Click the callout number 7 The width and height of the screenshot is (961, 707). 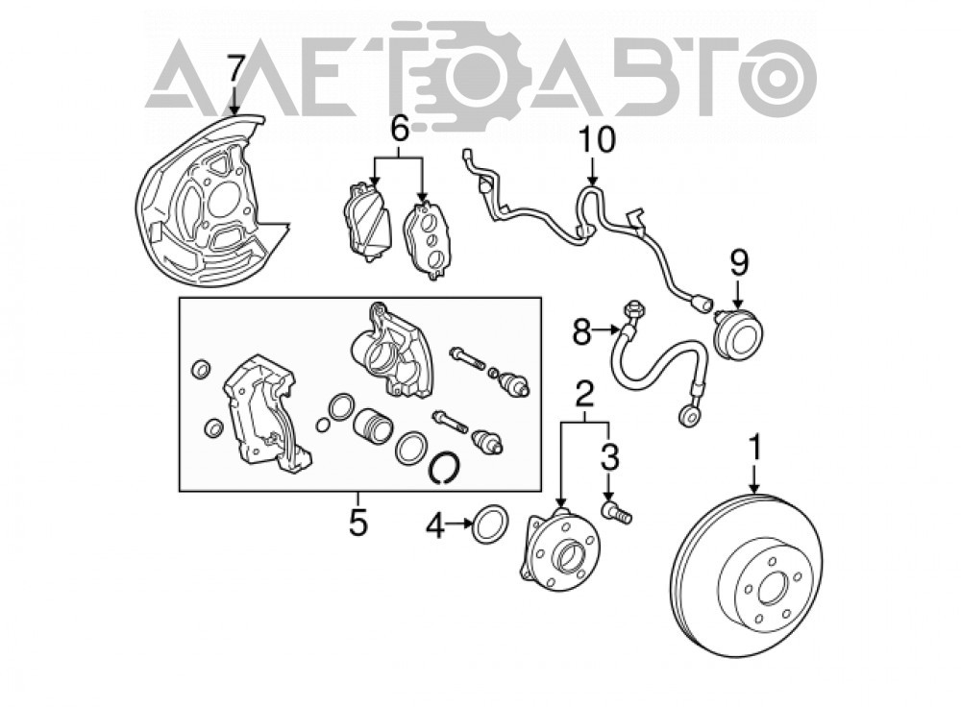(x=235, y=68)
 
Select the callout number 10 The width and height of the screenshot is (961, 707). (x=597, y=139)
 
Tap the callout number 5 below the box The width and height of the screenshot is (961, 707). (x=357, y=523)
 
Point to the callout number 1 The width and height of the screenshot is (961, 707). (x=756, y=448)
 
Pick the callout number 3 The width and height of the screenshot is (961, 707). (x=609, y=457)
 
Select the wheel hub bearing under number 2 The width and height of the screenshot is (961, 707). (x=559, y=549)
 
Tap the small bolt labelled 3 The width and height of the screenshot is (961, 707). (x=616, y=513)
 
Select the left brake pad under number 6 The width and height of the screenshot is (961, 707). (x=366, y=222)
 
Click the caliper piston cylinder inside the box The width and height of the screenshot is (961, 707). (x=372, y=425)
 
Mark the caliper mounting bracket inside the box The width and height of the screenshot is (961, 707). (x=264, y=413)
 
